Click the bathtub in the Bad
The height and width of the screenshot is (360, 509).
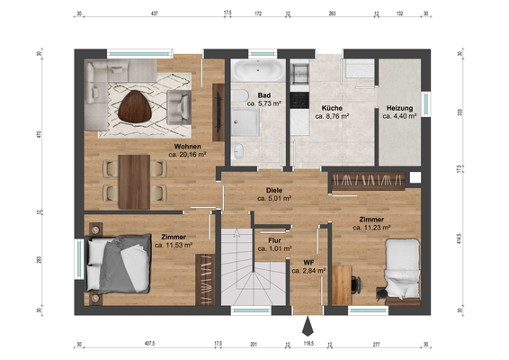[x=258, y=70]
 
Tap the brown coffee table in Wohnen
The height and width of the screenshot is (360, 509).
[x=135, y=106]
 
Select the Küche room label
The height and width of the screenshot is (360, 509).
[x=332, y=108]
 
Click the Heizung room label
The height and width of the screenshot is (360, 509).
[x=399, y=108]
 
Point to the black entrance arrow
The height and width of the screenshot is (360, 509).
[x=308, y=327]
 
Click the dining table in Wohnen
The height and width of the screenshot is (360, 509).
[x=134, y=182]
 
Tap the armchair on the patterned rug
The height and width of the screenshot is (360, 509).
[x=179, y=107]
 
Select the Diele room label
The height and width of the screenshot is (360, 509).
[x=274, y=191]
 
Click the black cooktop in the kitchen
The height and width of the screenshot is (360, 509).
[x=299, y=100]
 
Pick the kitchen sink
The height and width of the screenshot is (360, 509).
[x=299, y=74]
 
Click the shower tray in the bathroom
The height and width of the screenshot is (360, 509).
[x=246, y=122]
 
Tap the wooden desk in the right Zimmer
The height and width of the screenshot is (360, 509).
[x=342, y=285]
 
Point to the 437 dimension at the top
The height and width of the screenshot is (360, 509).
[x=155, y=13]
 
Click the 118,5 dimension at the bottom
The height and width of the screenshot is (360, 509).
[x=308, y=344]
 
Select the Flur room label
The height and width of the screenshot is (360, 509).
[x=274, y=241]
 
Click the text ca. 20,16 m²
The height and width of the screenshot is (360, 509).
[x=187, y=155]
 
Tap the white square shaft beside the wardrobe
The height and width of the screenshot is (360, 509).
[x=415, y=177]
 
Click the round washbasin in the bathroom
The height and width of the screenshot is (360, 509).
[x=238, y=151]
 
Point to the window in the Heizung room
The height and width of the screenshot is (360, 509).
[x=426, y=104]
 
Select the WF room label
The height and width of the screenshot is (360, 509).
[x=308, y=263]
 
